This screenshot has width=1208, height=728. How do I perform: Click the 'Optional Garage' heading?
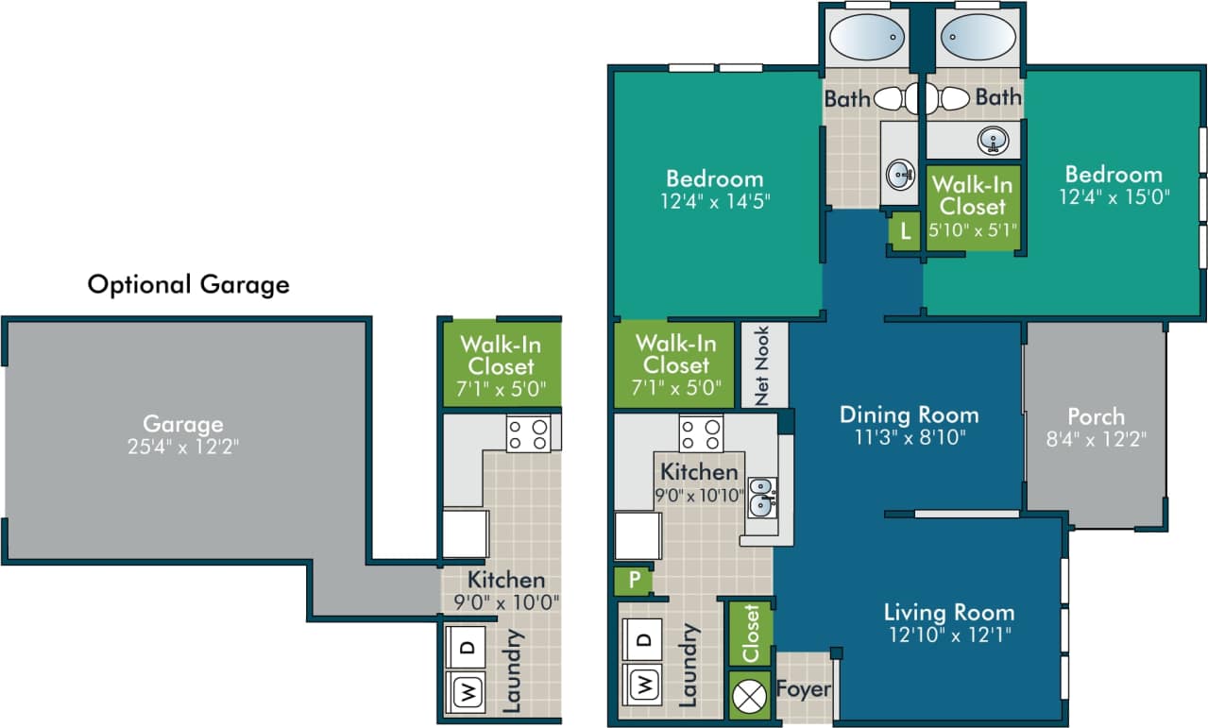(188, 284)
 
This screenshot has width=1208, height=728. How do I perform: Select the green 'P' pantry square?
(632, 580)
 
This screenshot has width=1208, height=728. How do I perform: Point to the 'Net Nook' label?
(761, 365)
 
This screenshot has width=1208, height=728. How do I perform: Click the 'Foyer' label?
(803, 688)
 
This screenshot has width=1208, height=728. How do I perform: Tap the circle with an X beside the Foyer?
(750, 696)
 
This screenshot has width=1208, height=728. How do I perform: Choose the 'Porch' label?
(1096, 416)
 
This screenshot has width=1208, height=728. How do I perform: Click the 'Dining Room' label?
(909, 415)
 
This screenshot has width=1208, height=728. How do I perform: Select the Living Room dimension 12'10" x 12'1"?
(948, 635)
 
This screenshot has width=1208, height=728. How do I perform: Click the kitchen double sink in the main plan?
(761, 498)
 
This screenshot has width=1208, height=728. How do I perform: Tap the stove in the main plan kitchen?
(701, 433)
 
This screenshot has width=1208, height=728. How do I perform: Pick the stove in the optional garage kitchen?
(527, 433)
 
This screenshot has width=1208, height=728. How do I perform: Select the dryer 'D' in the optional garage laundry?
(468, 647)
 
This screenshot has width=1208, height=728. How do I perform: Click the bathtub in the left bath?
(867, 39)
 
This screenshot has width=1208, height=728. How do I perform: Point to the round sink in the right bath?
(993, 141)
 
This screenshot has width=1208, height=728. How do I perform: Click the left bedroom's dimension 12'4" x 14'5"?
(714, 201)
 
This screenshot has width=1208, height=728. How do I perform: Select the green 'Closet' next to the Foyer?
(751, 633)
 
